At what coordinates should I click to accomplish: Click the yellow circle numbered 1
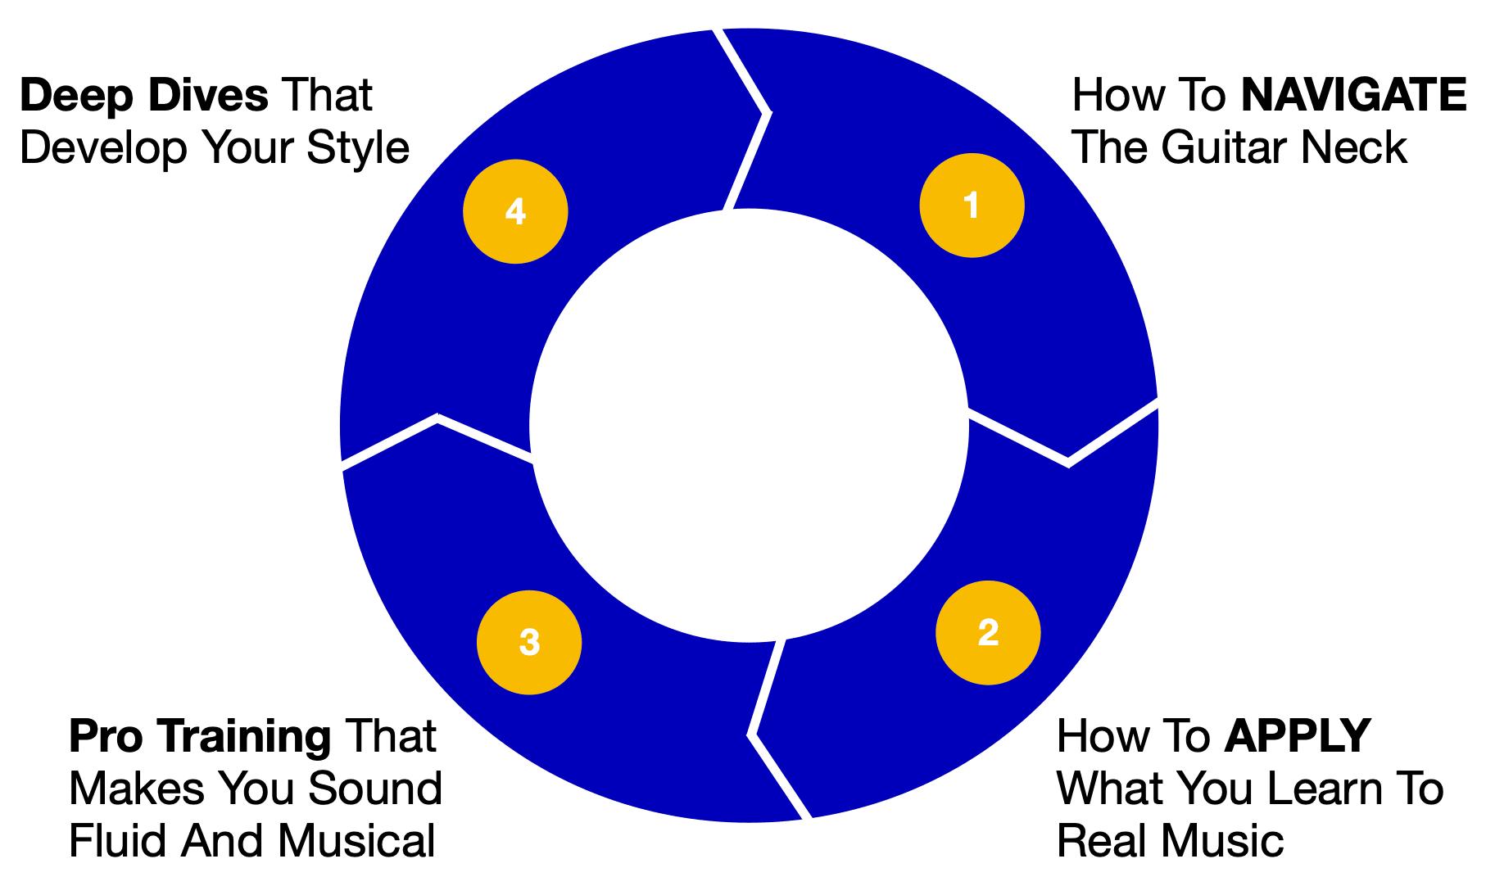(972, 206)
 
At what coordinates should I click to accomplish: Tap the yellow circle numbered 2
(988, 632)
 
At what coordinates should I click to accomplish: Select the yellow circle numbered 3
(529, 642)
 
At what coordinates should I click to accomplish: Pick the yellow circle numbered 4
(515, 211)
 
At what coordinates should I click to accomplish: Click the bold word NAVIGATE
(1353, 95)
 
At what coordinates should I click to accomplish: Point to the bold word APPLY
(1297, 736)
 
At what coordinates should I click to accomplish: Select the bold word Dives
(208, 96)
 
